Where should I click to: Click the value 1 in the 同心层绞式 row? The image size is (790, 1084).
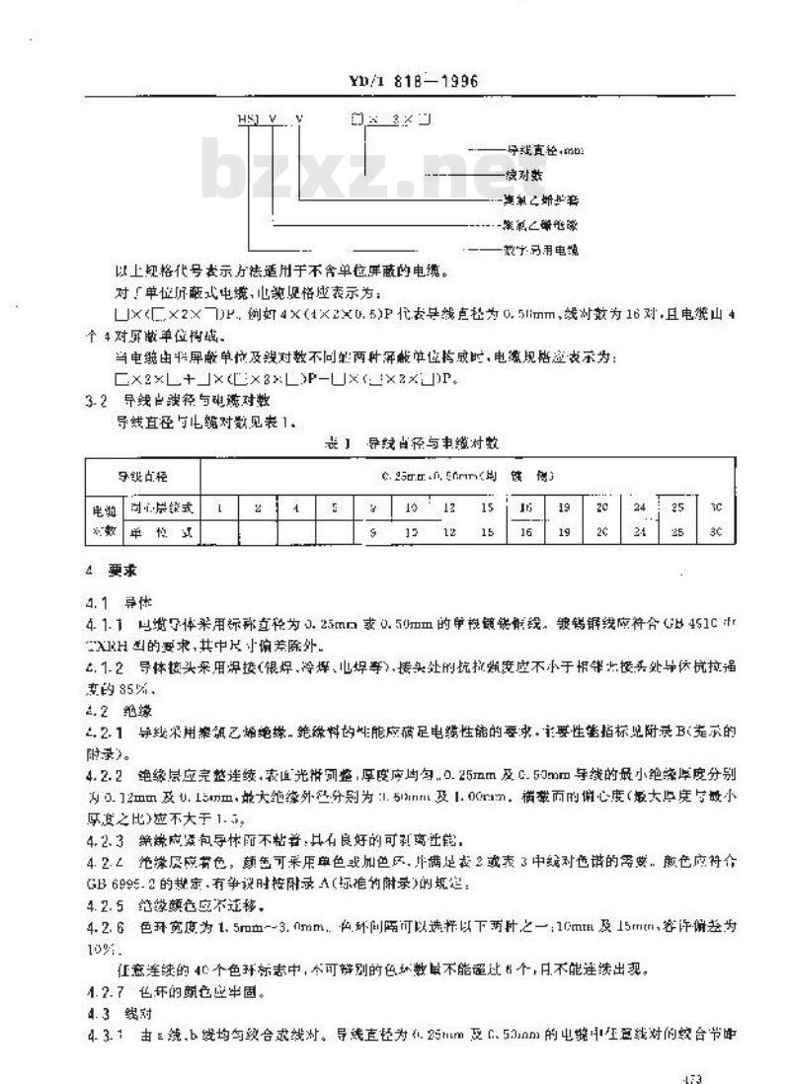219,508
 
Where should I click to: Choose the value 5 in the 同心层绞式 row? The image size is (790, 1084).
335,508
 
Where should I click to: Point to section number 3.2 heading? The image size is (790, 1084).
97,400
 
